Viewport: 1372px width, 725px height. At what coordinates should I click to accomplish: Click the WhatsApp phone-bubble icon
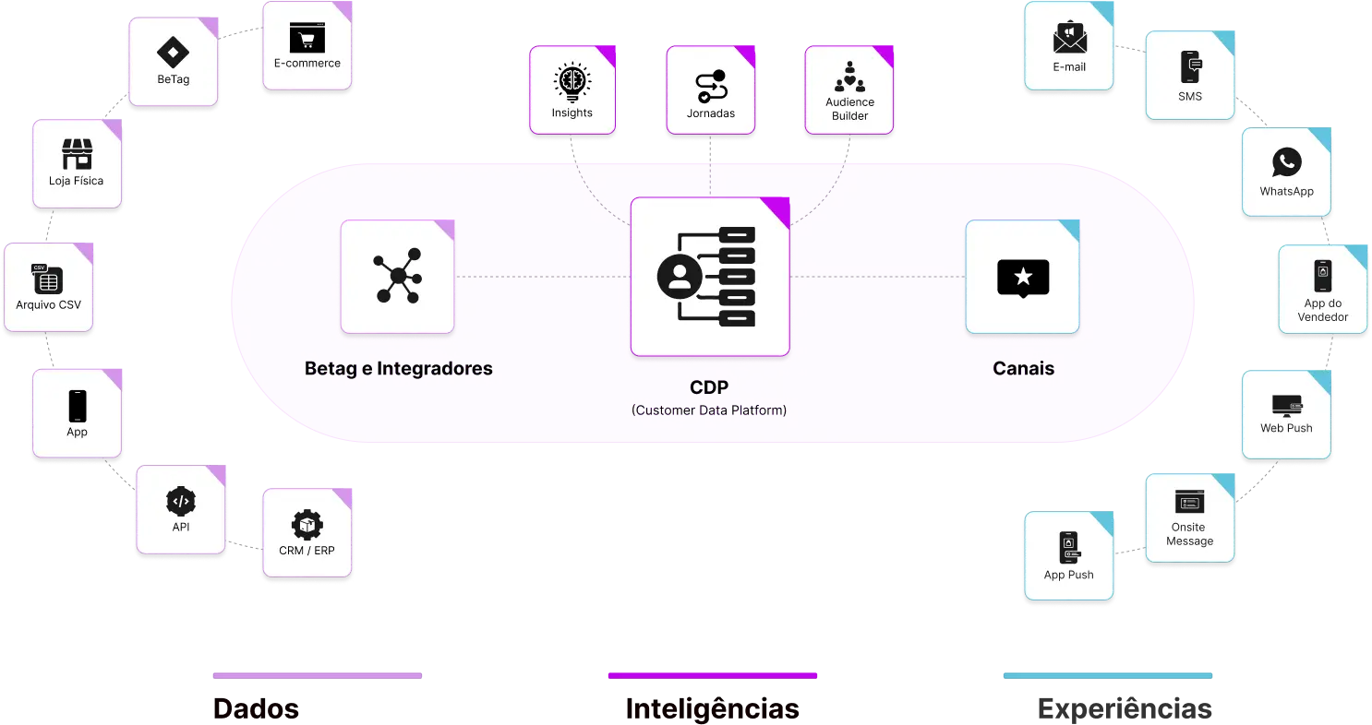click(x=1286, y=162)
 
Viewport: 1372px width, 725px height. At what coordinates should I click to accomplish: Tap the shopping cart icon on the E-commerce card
click(x=307, y=38)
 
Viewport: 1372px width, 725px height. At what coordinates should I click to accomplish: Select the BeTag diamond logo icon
click(x=173, y=52)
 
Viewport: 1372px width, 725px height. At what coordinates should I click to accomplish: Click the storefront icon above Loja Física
click(x=77, y=153)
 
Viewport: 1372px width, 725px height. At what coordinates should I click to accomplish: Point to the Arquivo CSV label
click(x=49, y=304)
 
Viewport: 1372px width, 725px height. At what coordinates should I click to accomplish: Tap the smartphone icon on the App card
click(x=77, y=405)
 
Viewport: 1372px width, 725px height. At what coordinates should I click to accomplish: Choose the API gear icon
click(x=180, y=501)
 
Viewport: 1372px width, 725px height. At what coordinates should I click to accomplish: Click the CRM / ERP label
click(x=307, y=551)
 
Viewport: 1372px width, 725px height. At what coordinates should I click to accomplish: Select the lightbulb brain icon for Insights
click(x=572, y=82)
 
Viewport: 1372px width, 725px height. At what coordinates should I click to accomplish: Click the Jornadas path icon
click(x=711, y=85)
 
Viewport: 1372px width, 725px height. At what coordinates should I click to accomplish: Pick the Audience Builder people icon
click(x=849, y=77)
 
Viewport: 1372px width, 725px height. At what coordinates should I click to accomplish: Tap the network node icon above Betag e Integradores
click(x=397, y=276)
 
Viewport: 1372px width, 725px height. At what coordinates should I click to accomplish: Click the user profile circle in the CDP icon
click(x=679, y=276)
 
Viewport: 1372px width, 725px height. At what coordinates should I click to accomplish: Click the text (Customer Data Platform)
click(x=709, y=410)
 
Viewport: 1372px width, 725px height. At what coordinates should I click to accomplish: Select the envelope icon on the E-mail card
click(x=1069, y=38)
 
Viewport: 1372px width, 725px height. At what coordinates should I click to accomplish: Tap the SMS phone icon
click(x=1190, y=67)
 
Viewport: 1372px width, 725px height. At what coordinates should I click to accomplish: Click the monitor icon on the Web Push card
click(x=1286, y=404)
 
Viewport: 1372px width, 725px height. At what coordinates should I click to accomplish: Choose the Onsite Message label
click(x=1189, y=534)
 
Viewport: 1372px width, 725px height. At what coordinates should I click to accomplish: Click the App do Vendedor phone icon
click(x=1322, y=276)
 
